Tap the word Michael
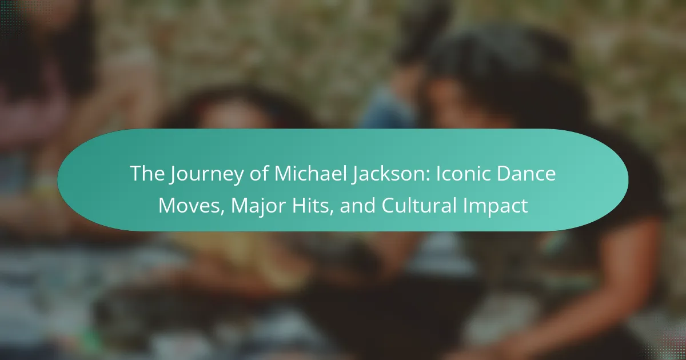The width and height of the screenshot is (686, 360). pyautogui.click(x=311, y=173)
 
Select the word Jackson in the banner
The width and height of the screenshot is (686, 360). pyautogui.click(x=388, y=174)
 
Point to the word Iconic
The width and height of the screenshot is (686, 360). pyautogui.click(x=464, y=174)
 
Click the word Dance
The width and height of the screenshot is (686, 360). pyautogui.click(x=526, y=174)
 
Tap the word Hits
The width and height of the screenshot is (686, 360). pyautogui.click(x=310, y=205)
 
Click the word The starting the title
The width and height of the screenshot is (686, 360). pyautogui.click(x=147, y=174)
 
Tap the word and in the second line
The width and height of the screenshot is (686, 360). pyautogui.click(x=357, y=205)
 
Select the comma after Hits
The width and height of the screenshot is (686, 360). pyautogui.click(x=331, y=212)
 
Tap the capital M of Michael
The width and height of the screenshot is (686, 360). pyautogui.click(x=282, y=174)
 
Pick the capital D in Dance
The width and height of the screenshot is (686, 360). pyautogui.click(x=503, y=174)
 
